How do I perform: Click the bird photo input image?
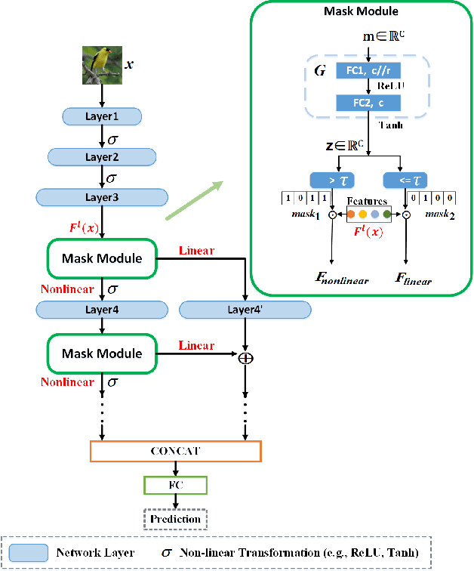[x=101, y=65]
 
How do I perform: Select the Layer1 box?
[x=101, y=116]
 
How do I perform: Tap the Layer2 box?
[x=101, y=156]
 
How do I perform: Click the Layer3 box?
[x=101, y=196]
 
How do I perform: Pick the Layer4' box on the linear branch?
[x=245, y=309]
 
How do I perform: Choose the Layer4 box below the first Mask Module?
[x=101, y=309]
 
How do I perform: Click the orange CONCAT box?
[x=174, y=451]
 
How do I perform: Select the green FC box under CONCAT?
[x=174, y=484]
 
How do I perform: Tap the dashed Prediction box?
[x=174, y=519]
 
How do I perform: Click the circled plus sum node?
[x=245, y=358]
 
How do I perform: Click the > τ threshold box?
[x=332, y=181]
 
